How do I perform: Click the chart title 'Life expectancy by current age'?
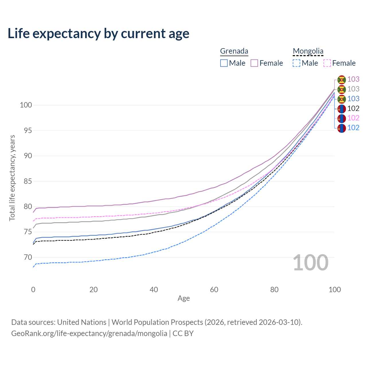coord(98,34)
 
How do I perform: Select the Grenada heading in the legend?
coord(234,51)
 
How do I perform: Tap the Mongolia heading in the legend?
coord(308,51)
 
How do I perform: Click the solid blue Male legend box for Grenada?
coord(224,63)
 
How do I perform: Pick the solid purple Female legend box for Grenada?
coord(254,63)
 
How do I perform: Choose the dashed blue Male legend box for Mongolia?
coord(296,63)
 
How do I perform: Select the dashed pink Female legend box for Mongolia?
coord(327,63)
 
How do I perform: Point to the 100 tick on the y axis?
coord(26,105)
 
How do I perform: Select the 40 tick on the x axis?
coord(154,290)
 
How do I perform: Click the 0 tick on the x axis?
coord(33,290)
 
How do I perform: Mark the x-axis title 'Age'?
coord(184,298)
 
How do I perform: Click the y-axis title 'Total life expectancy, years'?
coord(12,178)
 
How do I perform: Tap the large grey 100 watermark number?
coord(311,263)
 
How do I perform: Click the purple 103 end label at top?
coord(353,79)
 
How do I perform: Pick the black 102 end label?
coord(353,108)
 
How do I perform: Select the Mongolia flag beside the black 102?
coord(341,109)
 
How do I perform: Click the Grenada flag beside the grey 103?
coord(341,89)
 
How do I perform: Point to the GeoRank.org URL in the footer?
coord(89,333)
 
